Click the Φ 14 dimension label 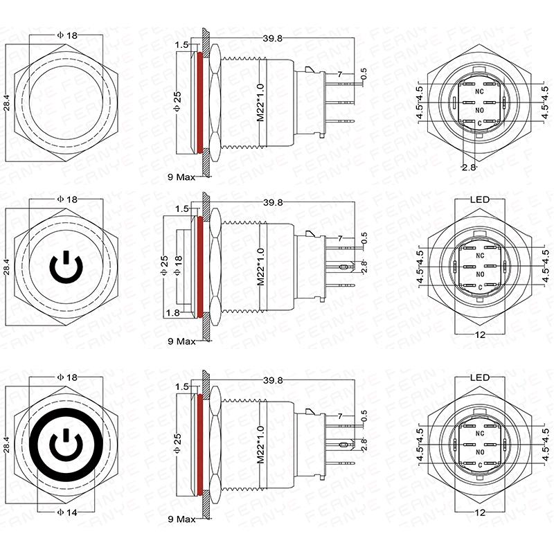point(66,512)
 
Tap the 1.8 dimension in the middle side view point(172,312)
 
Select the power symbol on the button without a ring point(66,267)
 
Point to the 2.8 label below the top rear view point(469,168)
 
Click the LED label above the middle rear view point(479,199)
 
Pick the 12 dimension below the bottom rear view point(480,512)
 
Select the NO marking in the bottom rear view point(479,452)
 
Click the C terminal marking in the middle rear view point(480,288)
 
